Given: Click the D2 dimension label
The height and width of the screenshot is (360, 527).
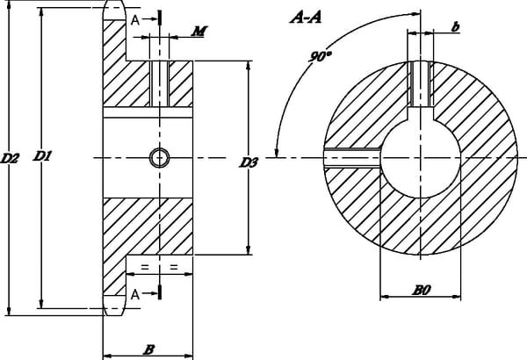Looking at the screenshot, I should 10,159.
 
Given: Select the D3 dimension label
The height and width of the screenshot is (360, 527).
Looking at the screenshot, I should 249,162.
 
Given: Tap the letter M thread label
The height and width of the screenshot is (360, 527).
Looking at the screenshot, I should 199,32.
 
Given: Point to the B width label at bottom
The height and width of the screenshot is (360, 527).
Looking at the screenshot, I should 149,349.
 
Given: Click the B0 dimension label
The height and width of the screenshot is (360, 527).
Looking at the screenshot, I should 422,287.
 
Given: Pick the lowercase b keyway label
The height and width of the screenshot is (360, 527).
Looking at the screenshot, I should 455,27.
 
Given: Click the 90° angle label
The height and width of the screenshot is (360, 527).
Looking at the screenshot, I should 320,56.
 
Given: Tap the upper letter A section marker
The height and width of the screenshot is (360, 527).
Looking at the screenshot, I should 134,18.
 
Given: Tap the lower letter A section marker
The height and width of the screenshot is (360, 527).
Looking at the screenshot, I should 134,295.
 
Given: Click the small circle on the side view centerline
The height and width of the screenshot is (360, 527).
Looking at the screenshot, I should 159,157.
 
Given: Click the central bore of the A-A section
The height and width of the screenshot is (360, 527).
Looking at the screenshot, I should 420,158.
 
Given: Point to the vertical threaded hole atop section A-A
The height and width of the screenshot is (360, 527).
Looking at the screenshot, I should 419,87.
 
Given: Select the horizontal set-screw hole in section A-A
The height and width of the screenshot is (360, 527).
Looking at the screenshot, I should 351,157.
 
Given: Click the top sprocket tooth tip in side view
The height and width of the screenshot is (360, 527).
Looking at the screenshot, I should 114,10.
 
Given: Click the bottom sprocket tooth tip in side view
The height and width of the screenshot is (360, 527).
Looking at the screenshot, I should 114,308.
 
